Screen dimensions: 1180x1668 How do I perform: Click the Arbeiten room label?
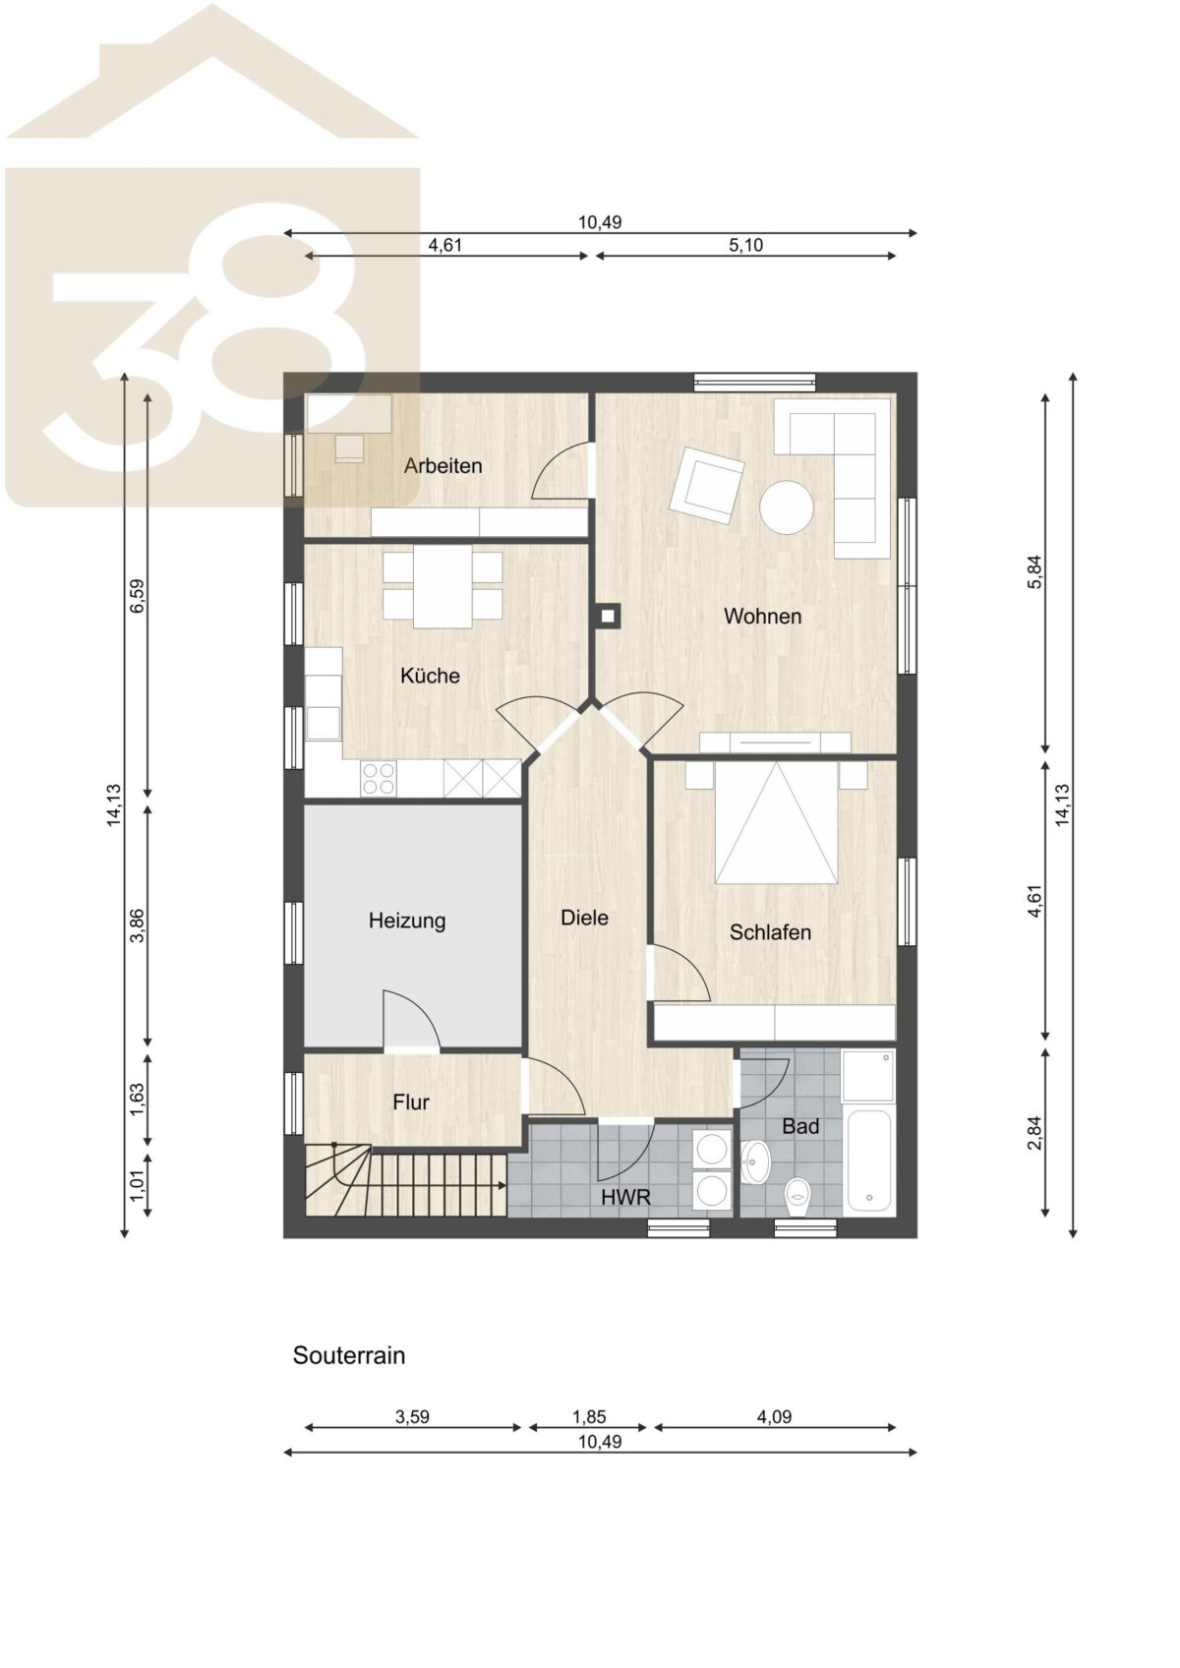[x=442, y=466]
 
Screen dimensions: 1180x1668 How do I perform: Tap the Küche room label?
[x=430, y=676]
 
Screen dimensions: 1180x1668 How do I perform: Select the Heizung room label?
[x=407, y=922]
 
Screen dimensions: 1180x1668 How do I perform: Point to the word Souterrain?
[x=348, y=1355]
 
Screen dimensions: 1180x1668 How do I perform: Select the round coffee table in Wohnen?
[x=786, y=507]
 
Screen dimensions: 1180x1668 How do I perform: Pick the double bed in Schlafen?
[x=777, y=821]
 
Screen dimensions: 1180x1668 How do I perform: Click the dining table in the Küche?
[x=442, y=585]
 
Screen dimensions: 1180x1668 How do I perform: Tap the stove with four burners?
[x=379, y=778]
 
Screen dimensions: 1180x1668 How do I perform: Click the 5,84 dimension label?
[x=1034, y=572]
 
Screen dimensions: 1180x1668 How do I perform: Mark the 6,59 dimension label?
[x=138, y=596]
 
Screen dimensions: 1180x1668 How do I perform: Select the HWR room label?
[x=626, y=1197]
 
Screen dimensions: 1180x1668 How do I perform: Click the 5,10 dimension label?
[x=746, y=246]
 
